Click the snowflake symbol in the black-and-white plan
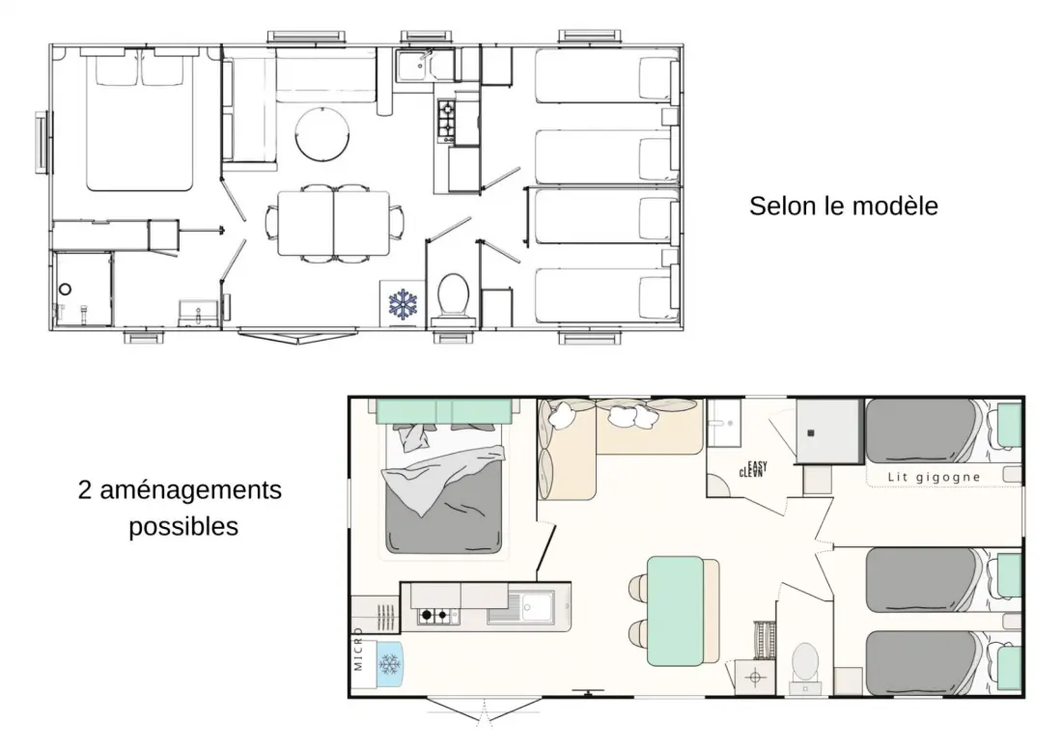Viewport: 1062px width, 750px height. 403,304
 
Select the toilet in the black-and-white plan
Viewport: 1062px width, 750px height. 453,295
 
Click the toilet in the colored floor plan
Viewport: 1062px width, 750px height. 805,665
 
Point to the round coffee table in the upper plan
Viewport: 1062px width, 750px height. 322,134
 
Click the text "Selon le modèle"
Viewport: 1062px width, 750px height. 843,206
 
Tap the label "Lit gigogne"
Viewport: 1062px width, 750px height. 934,477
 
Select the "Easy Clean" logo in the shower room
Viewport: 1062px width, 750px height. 753,468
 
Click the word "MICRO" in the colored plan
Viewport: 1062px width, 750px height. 358,650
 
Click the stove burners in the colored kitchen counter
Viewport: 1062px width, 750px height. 434,615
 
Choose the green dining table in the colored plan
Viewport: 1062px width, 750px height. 675,611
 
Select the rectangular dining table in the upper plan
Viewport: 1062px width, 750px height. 334,223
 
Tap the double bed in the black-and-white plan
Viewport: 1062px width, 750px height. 140,123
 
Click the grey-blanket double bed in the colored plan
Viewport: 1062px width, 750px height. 444,486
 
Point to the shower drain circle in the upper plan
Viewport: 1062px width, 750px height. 65,289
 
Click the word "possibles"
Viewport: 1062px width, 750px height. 183,527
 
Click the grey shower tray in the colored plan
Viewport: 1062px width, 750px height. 827,431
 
